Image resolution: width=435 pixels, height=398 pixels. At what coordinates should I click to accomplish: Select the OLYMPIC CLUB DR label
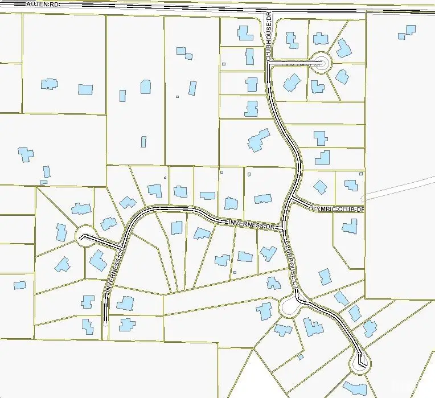(335, 209)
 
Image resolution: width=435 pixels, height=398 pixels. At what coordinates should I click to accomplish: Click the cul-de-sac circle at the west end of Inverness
(86, 234)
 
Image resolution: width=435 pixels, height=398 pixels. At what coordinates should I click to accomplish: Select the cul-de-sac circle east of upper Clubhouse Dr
(321, 63)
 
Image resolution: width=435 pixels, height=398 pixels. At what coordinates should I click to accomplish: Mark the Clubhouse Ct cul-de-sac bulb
(290, 306)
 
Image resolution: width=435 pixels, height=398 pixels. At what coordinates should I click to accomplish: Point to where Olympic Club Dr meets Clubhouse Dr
(292, 198)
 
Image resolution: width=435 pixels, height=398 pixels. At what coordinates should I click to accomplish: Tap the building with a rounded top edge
(146, 87)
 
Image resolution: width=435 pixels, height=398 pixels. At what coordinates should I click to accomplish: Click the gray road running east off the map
(399, 188)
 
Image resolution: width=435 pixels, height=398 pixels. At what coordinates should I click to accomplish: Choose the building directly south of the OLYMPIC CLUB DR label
(350, 227)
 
